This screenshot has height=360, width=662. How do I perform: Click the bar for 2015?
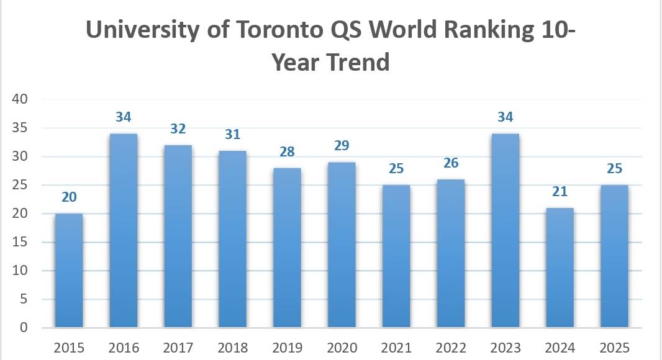point(68,271)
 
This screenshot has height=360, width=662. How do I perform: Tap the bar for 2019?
point(287,248)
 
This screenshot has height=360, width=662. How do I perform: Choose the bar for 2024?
point(560,268)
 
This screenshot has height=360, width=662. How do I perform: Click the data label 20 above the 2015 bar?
point(68,197)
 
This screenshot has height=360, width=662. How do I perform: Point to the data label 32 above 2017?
point(178,129)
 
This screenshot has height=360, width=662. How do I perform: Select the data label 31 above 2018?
point(232,135)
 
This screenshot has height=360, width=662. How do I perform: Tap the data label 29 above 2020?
point(342,146)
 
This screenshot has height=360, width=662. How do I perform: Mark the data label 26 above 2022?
point(450,163)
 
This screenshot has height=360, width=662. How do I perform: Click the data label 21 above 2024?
point(560,192)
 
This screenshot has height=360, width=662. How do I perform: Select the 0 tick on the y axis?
point(25,328)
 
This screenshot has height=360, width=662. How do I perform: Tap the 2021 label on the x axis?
point(396,347)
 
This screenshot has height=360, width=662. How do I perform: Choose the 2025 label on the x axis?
point(614,347)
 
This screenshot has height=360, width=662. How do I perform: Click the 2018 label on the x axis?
point(232,347)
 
